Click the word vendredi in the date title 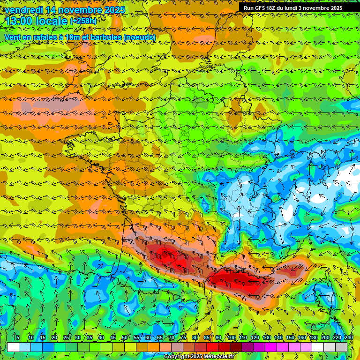pyautogui.click(x=23, y=9)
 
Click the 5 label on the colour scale pyautogui.click(x=17, y=337)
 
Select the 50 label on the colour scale pyautogui.click(x=125, y=337)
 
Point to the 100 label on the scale pyautogui.click(x=231, y=337)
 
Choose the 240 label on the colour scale pyautogui.click(x=349, y=337)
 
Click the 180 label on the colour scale pyautogui.click(x=313, y=337)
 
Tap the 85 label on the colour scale pyautogui.click(x=207, y=337)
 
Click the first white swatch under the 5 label pyautogui.click(x=13, y=347)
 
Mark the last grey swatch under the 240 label pyautogui.click(x=341, y=347)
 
